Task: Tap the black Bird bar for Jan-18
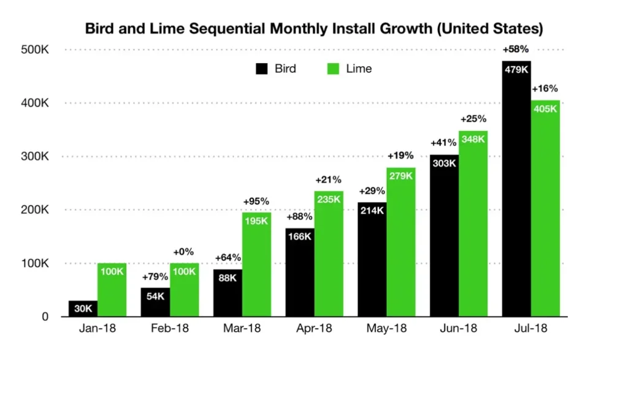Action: [x=83, y=309]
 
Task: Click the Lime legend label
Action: [x=359, y=69]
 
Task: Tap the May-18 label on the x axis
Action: [x=386, y=329]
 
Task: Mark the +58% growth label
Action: [x=516, y=50]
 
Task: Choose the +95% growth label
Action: [x=256, y=201]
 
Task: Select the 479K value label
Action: [x=516, y=70]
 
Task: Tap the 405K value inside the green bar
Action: [x=545, y=109]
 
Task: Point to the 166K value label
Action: [x=300, y=237]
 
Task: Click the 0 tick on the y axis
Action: [x=45, y=317]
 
